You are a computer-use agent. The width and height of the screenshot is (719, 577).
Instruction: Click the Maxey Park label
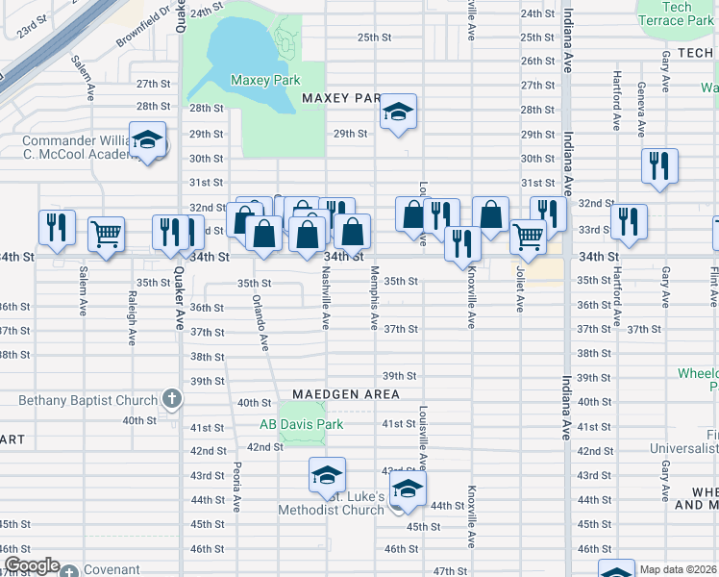coord(265,81)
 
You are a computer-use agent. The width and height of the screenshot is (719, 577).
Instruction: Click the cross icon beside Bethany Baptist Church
coord(171,399)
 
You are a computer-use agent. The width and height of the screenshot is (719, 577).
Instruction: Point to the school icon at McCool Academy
coord(148,142)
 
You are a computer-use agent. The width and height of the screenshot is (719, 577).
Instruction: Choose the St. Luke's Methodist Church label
coord(331,503)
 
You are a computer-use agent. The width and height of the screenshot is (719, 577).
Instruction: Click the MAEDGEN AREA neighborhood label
coord(345,394)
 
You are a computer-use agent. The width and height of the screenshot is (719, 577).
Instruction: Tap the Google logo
coord(31,566)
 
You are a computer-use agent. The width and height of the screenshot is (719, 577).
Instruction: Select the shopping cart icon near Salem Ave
coord(106,234)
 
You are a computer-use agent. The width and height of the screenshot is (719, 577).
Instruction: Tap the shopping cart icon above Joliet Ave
coord(527,236)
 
